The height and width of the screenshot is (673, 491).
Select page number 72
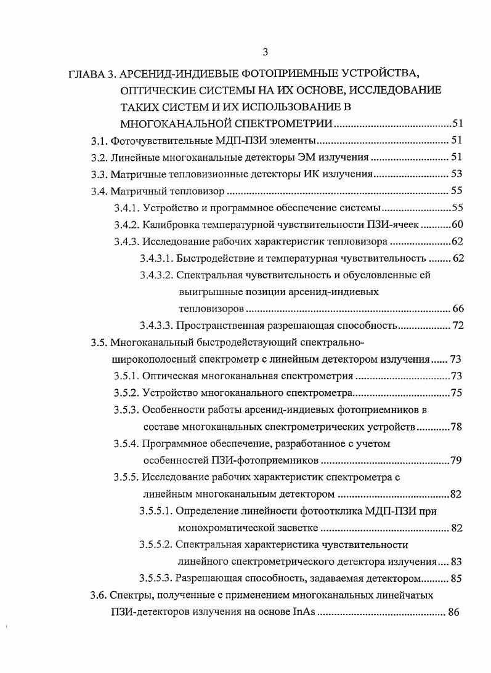click(457, 325)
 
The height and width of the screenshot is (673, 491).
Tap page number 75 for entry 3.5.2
click(457, 393)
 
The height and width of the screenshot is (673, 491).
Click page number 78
click(457, 427)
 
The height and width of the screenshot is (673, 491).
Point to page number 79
click(457, 460)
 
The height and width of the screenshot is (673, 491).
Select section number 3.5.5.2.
click(156, 544)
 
